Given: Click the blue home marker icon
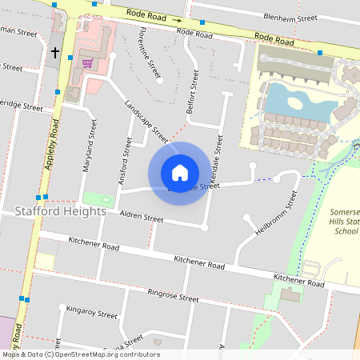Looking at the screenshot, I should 179,173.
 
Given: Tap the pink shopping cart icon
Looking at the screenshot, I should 86,62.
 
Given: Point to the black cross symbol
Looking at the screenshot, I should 55,52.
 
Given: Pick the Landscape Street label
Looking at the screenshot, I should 146,120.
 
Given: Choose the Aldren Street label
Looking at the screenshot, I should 141,218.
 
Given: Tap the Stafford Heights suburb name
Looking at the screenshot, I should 60,212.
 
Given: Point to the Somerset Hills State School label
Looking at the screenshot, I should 346,222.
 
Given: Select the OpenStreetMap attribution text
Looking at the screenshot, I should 80,354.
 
